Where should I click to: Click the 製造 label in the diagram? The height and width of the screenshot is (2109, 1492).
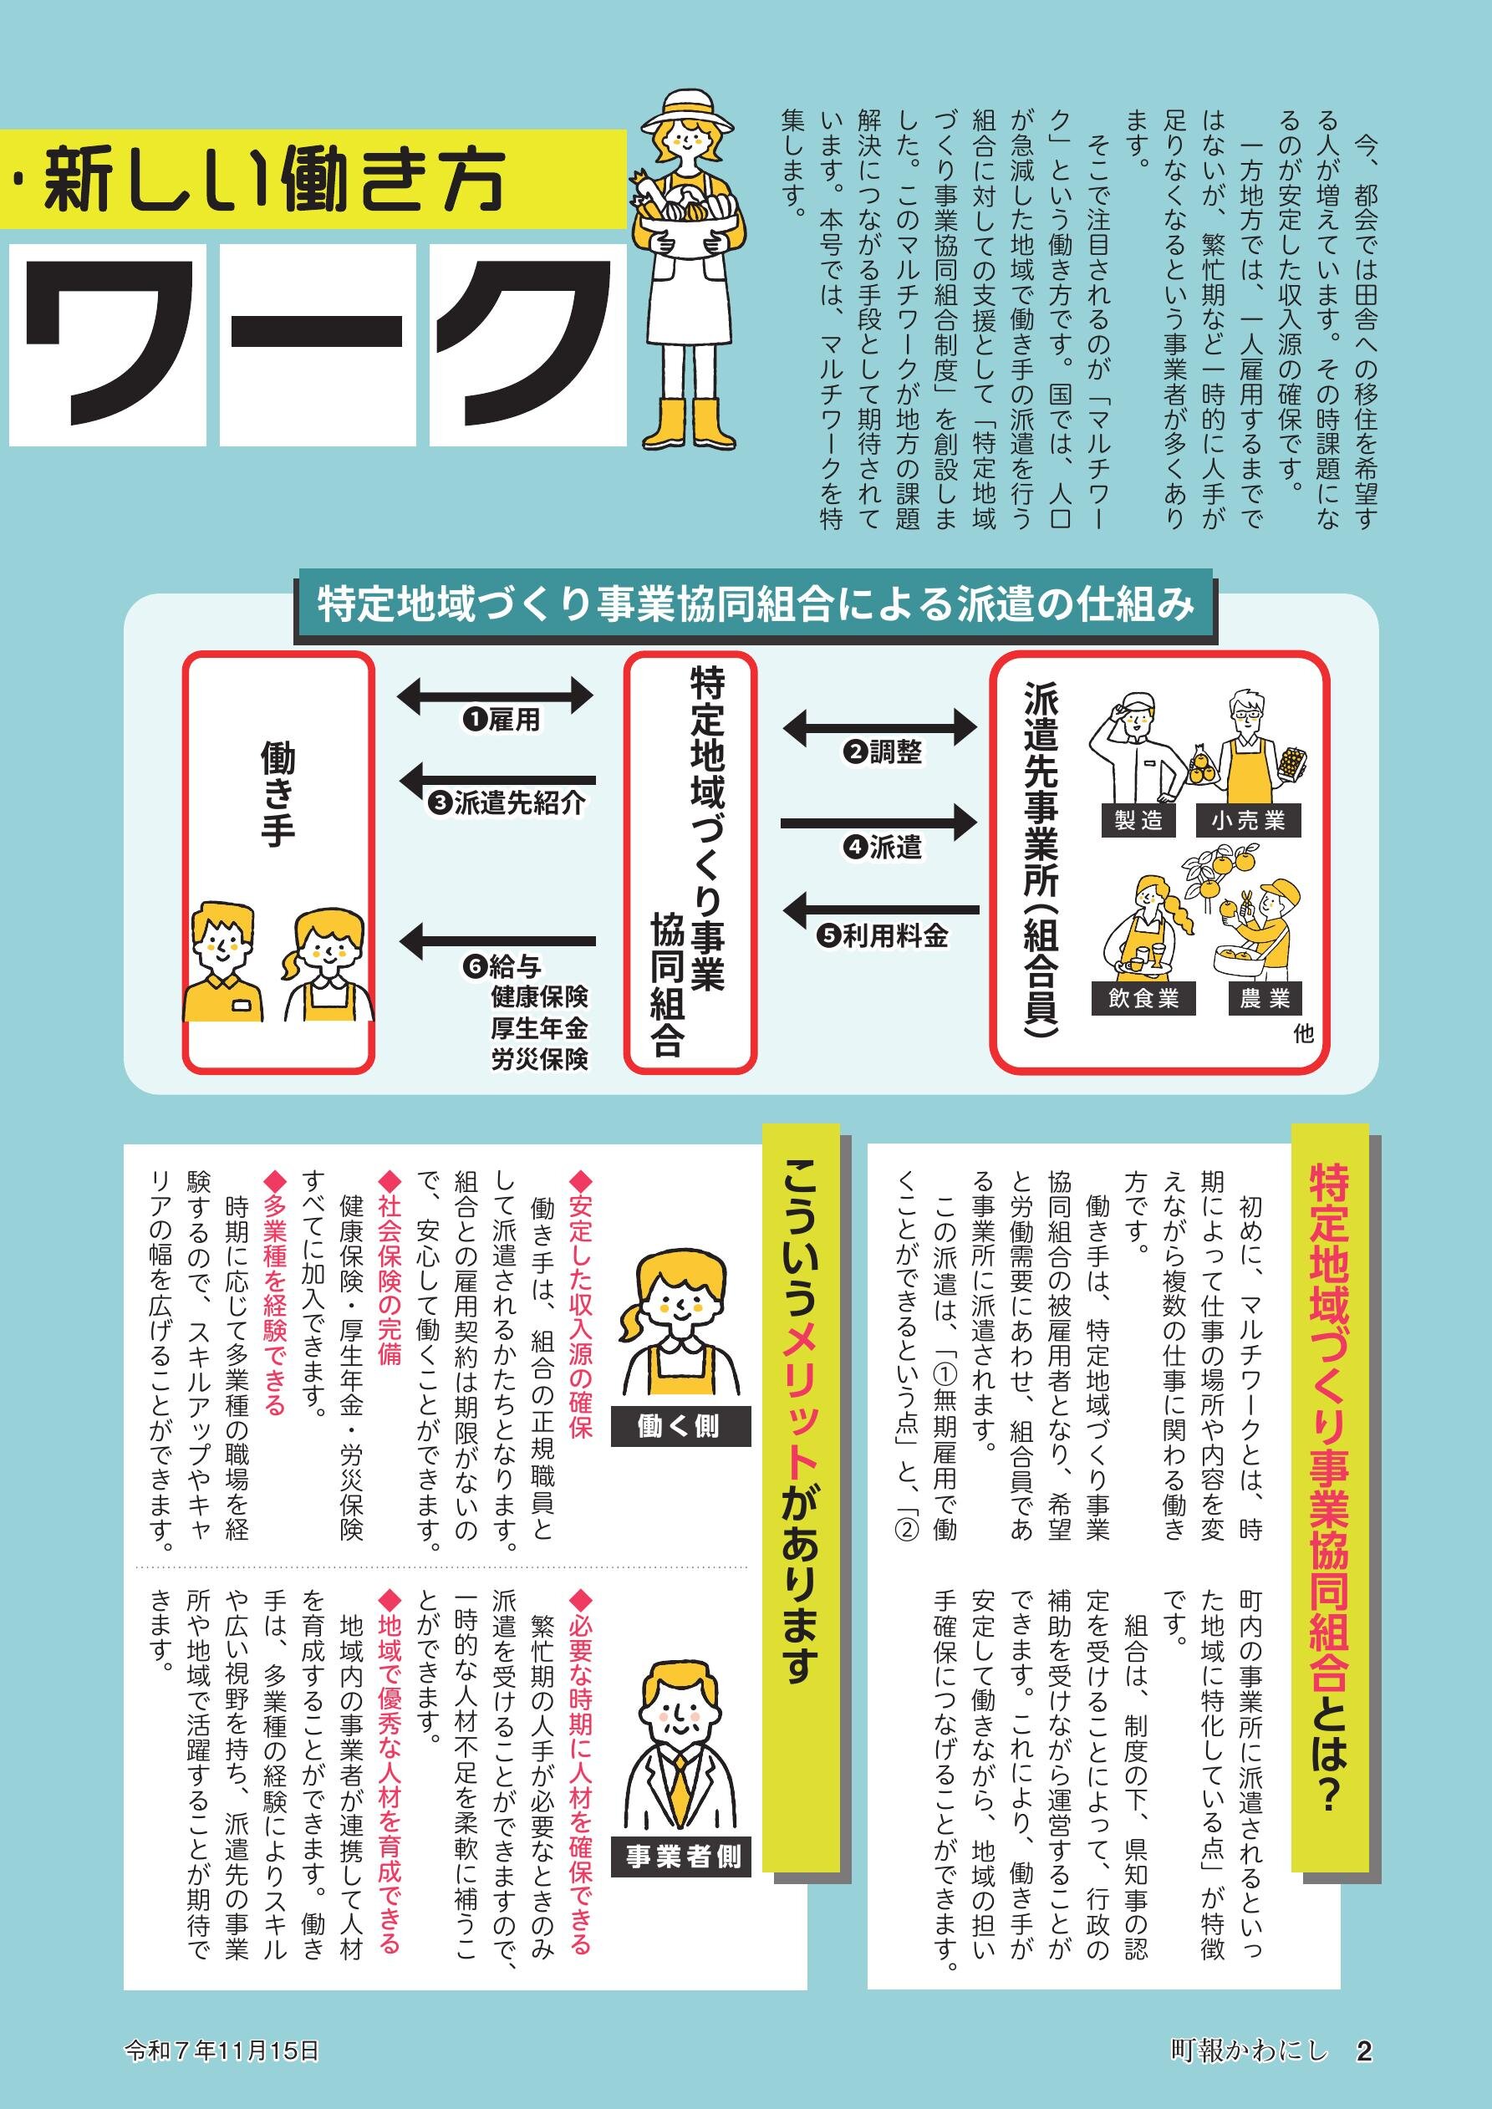tap(1138, 820)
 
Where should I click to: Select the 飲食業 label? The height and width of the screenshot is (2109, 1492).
tap(1143, 998)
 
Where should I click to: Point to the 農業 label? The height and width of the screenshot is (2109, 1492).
tap(1265, 998)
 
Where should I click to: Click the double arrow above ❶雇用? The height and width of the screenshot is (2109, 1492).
tap(496, 695)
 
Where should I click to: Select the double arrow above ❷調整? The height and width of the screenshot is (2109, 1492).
tap(880, 726)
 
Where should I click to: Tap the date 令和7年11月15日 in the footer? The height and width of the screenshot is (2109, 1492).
tap(222, 2050)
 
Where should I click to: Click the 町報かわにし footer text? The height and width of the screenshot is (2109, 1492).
tap(1250, 2050)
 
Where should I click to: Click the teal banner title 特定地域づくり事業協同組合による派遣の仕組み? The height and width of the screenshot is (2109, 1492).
tap(754, 605)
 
